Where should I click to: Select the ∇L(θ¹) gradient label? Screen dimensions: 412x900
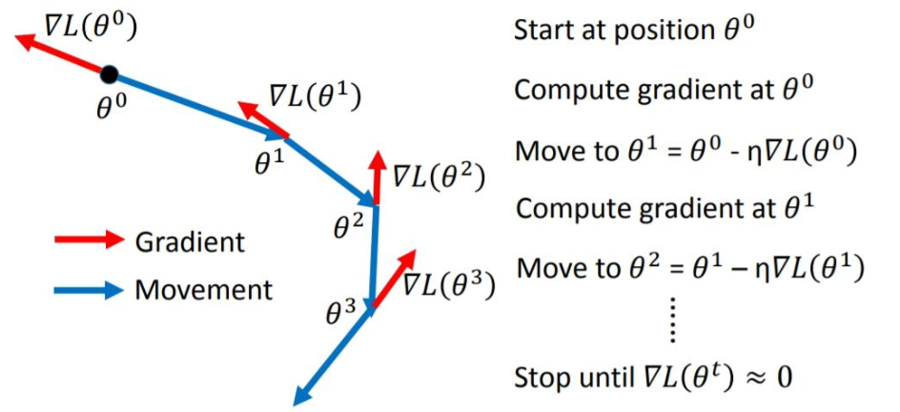pyautogui.click(x=315, y=95)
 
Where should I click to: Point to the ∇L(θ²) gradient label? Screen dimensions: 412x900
pyautogui.click(x=440, y=177)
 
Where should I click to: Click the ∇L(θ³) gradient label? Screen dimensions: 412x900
pyautogui.click(x=448, y=284)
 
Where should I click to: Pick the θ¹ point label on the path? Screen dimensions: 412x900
pyautogui.click(x=269, y=163)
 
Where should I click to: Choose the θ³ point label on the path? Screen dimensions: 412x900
pyautogui.click(x=340, y=310)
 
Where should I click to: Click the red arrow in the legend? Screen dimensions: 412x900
pyautogui.click(x=86, y=241)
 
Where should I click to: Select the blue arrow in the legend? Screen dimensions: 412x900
pyautogui.click(x=86, y=289)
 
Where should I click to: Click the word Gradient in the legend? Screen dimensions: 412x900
pyautogui.click(x=190, y=241)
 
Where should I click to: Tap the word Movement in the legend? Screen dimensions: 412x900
pyautogui.click(x=203, y=289)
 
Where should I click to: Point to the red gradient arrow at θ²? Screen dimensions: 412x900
pyautogui.click(x=377, y=177)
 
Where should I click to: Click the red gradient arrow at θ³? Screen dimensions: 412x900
pyautogui.click(x=393, y=278)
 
